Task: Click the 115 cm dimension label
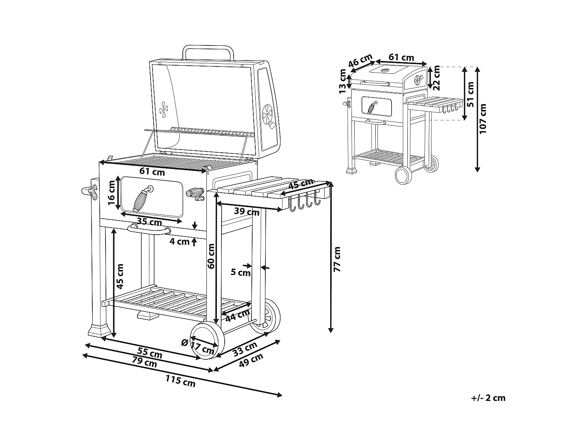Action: [180, 381]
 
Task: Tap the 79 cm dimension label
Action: [144, 362]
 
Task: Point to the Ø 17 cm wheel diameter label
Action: [198, 346]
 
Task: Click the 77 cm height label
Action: [337, 259]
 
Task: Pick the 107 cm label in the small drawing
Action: [483, 118]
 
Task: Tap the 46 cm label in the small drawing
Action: [360, 61]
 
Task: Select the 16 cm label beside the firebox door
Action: [111, 193]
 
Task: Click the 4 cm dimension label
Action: [180, 242]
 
